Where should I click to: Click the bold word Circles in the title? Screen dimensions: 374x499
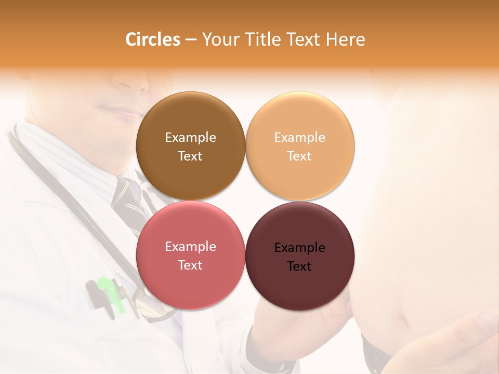point(153,39)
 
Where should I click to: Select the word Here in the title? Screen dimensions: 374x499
point(345,39)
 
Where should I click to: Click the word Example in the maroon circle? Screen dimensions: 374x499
point(300,248)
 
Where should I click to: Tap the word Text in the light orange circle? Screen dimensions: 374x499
point(299,156)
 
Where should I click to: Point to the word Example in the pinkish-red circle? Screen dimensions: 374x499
point(190,247)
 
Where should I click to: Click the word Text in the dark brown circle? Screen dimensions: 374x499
point(190,156)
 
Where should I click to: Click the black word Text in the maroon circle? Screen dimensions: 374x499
point(299,266)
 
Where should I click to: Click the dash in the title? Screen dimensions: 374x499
point(191,40)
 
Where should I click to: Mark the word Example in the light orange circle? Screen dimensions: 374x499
point(300,138)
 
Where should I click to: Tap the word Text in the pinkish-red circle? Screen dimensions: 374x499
point(190,265)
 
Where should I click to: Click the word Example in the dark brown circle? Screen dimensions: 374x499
point(190,138)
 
